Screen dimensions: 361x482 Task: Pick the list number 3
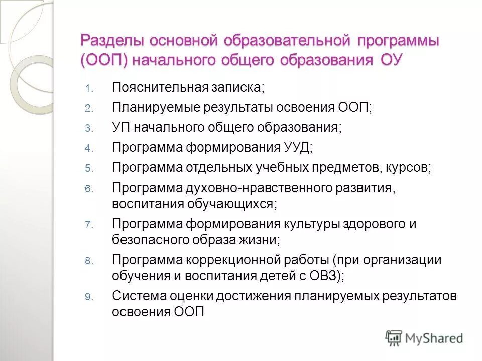point(88,129)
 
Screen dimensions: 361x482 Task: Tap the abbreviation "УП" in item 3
point(121,127)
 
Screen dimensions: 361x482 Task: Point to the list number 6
point(88,189)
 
